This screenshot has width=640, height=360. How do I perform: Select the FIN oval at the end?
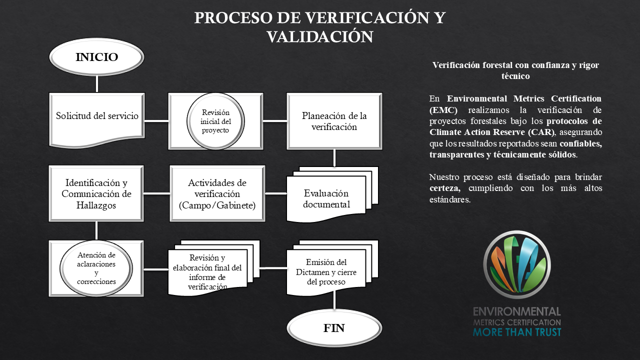pyautogui.click(x=334, y=328)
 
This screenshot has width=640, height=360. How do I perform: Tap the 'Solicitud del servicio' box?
pyautogui.click(x=96, y=116)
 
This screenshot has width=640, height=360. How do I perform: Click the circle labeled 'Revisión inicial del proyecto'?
pyautogui.click(x=216, y=121)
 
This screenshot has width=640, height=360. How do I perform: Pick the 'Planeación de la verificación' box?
pyautogui.click(x=334, y=121)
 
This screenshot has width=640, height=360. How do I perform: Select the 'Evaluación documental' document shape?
pyautogui.click(x=326, y=198)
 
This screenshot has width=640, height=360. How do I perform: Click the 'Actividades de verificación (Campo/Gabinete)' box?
pyautogui.click(x=217, y=193)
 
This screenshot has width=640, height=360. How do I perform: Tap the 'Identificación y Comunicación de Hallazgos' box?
pyautogui.click(x=96, y=193)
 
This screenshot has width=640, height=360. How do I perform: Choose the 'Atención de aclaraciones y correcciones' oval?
pyautogui.click(x=96, y=268)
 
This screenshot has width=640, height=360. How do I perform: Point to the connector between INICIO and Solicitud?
pyautogui.click(x=96, y=83)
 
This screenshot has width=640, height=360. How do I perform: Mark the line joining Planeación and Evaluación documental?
pyautogui.click(x=334, y=157)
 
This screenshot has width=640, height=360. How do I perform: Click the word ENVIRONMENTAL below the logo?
pyautogui.click(x=517, y=312)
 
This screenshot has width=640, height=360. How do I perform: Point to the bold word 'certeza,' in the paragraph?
pyautogui.click(x=444, y=189)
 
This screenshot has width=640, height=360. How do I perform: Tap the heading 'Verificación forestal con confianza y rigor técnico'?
pyautogui.click(x=515, y=70)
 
